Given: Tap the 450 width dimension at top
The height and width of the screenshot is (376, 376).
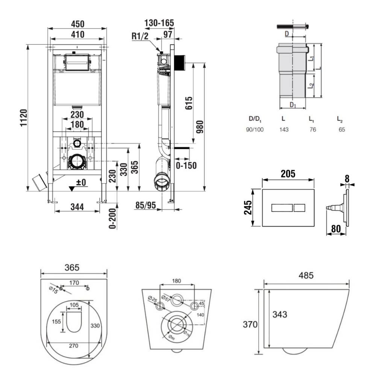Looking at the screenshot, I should coord(78,24).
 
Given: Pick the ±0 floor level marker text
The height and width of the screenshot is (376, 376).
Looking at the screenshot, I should coord(81,183).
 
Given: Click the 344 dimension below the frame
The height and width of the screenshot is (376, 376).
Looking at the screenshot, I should coord(78,206).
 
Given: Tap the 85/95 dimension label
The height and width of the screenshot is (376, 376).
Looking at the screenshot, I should coord(146,206).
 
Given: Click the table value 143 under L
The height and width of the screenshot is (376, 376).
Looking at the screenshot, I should coord(284,129).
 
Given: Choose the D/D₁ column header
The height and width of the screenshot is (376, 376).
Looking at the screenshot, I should coord(255,119).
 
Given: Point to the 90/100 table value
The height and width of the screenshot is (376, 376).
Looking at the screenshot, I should coord(255,129).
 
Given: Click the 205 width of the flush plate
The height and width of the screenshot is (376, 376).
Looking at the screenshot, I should coord(288,174).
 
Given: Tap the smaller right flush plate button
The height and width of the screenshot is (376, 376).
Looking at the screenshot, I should coord(300,207).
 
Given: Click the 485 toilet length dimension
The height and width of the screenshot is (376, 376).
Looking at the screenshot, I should coord(306,276).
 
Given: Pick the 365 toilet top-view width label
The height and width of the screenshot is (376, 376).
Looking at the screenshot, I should coord(72,267).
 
